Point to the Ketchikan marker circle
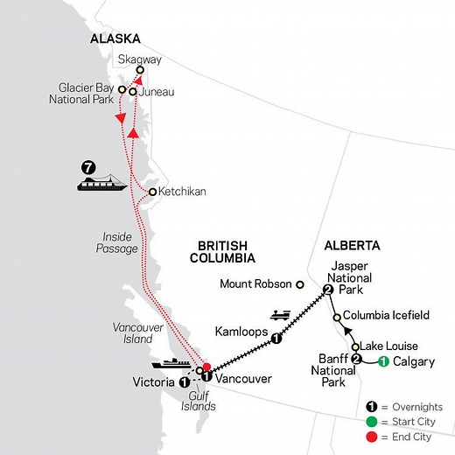(152, 192)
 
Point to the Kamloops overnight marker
(276, 339)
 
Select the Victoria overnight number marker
(185, 382)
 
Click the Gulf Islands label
(202, 402)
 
